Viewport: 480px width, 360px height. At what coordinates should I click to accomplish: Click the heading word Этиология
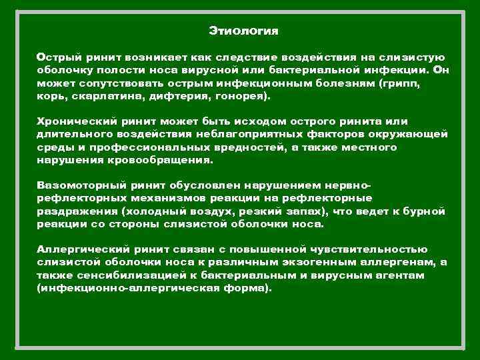pyautogui.click(x=243, y=31)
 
